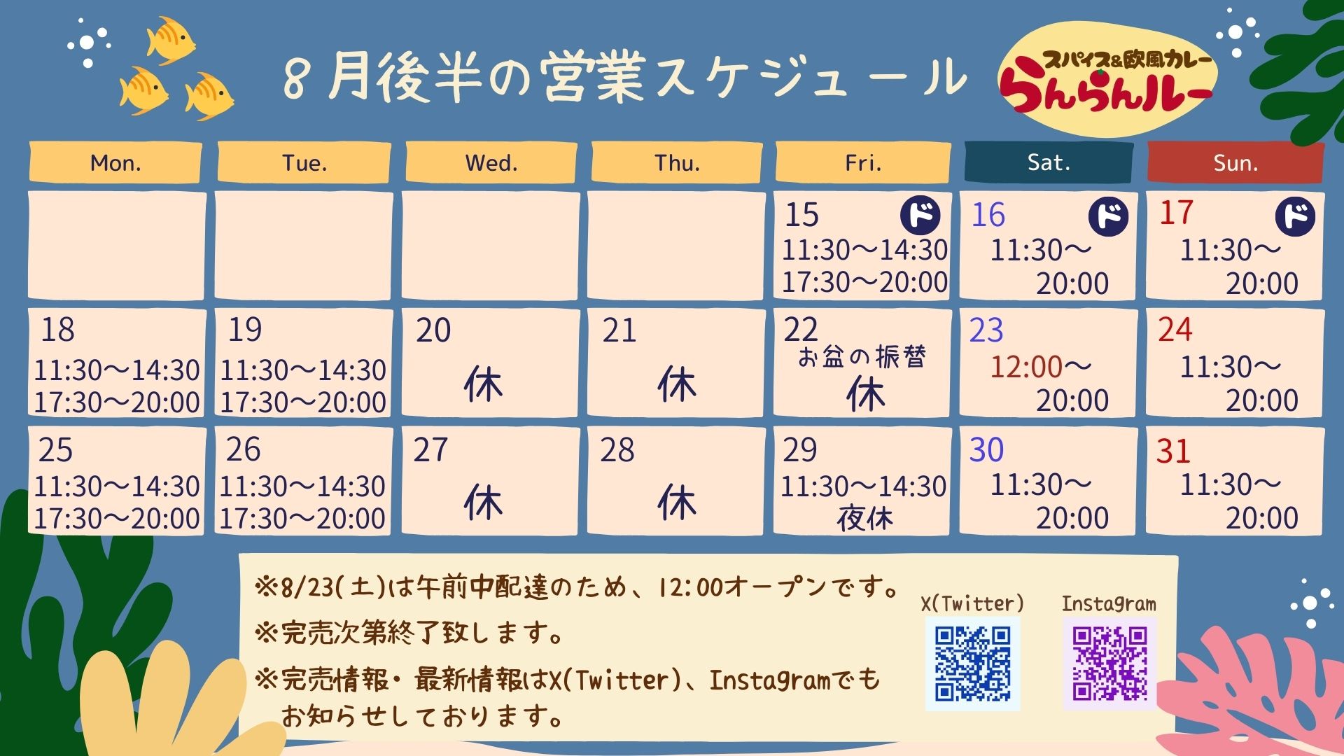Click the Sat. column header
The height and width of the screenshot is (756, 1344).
coord(1049,162)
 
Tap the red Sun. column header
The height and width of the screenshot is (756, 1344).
coord(1235,162)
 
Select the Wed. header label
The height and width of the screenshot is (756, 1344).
coord(491,162)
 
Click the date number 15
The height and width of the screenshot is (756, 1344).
coord(801,215)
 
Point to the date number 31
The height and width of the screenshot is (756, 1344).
coord(1173,451)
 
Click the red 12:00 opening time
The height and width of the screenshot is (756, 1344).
coord(1026,366)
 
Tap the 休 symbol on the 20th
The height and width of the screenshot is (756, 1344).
coord(483,384)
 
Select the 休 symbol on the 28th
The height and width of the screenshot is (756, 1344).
coord(677,502)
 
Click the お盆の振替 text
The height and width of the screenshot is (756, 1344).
coord(862,357)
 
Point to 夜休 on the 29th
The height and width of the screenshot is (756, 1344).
coord(865,519)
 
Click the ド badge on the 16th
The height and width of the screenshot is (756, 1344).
coord(1109,216)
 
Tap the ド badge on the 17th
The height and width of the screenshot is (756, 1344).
coord(1295,216)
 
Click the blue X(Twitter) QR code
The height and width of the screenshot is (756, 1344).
coord(972,663)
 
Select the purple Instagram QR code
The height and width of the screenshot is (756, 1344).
coord(1109,663)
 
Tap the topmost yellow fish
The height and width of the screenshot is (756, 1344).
coord(169,39)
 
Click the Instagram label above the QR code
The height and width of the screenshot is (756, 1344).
coord(1109,603)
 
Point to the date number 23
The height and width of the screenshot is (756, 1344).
coord(986,330)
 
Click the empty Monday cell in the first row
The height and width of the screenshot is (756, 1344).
coord(117,246)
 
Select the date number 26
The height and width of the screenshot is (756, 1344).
coord(243,449)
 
